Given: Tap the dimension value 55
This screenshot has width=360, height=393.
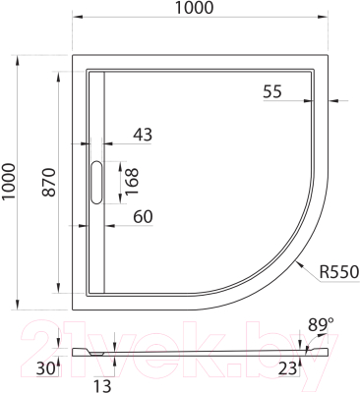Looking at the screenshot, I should [x=272, y=91].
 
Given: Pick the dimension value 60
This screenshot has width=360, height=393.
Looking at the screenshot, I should [x=144, y=216].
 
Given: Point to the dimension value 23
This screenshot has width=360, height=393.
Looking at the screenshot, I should [x=287, y=368].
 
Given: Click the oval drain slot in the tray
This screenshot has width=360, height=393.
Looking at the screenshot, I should [x=95, y=183].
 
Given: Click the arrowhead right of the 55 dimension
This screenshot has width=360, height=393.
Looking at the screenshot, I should [x=331, y=100].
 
